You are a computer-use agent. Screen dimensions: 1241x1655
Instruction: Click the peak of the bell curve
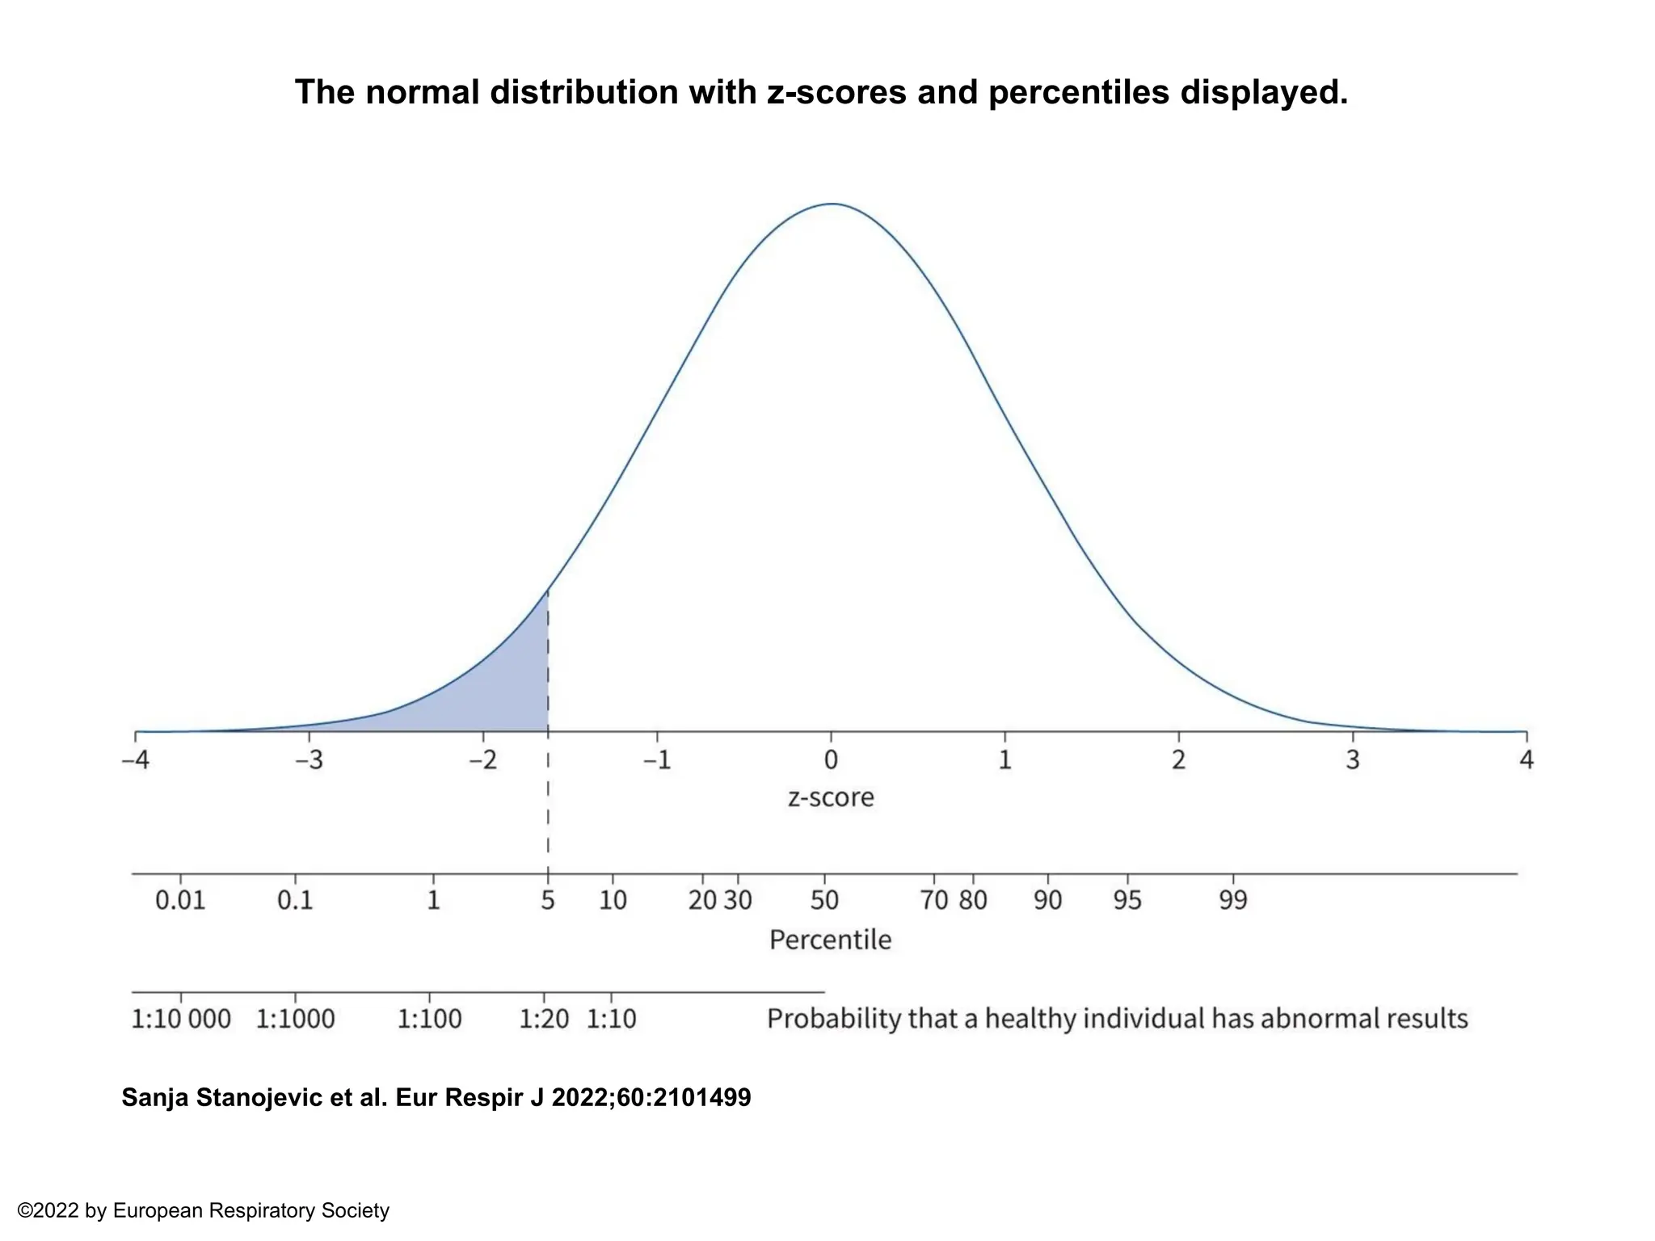pos(832,204)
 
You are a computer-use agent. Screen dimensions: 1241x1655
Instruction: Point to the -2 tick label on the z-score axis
pos(482,760)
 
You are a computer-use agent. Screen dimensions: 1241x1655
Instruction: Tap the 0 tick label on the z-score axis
pos(831,760)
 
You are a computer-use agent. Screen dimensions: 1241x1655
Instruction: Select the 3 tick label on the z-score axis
pos(1353,760)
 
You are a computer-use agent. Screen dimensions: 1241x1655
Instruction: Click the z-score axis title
pos(831,798)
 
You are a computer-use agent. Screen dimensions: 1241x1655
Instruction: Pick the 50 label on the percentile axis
pos(824,900)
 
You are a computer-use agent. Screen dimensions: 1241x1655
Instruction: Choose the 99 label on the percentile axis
pos(1233,900)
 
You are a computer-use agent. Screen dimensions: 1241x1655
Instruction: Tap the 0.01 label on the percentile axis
pos(180,900)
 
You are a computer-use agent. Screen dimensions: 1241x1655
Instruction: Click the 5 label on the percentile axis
pos(548,900)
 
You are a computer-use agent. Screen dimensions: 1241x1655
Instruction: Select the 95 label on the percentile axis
pos(1127,900)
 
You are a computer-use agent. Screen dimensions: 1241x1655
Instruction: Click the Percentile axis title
pos(830,940)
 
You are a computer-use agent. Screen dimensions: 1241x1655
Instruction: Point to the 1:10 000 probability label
pos(181,1019)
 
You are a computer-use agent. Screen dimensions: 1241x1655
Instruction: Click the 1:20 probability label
pos(544,1019)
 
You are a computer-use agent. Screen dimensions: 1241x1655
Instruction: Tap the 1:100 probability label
pos(429,1019)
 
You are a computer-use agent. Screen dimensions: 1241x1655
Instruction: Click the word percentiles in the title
pos(1078,93)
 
